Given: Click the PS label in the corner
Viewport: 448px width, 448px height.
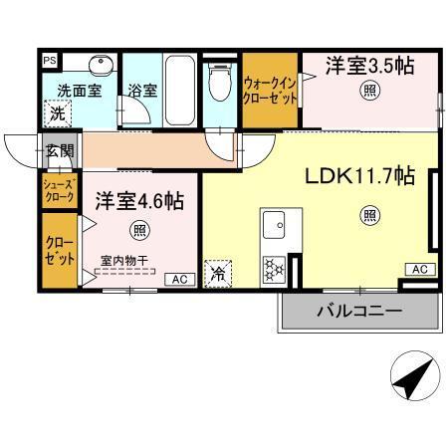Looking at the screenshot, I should pos(48,59).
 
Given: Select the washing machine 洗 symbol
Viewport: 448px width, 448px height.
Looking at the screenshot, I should pos(59,113).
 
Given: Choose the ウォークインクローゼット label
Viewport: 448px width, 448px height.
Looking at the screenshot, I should pos(270,93).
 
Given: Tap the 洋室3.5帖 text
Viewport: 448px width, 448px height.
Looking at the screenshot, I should pos(368,67).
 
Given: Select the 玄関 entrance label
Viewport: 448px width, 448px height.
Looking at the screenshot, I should pos(59,151).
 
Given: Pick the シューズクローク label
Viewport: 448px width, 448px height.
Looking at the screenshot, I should pos(56,191).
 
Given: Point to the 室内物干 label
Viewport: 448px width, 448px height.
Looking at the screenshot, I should pos(123,262).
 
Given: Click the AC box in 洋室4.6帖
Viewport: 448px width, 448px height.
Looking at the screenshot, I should pos(181,279).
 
